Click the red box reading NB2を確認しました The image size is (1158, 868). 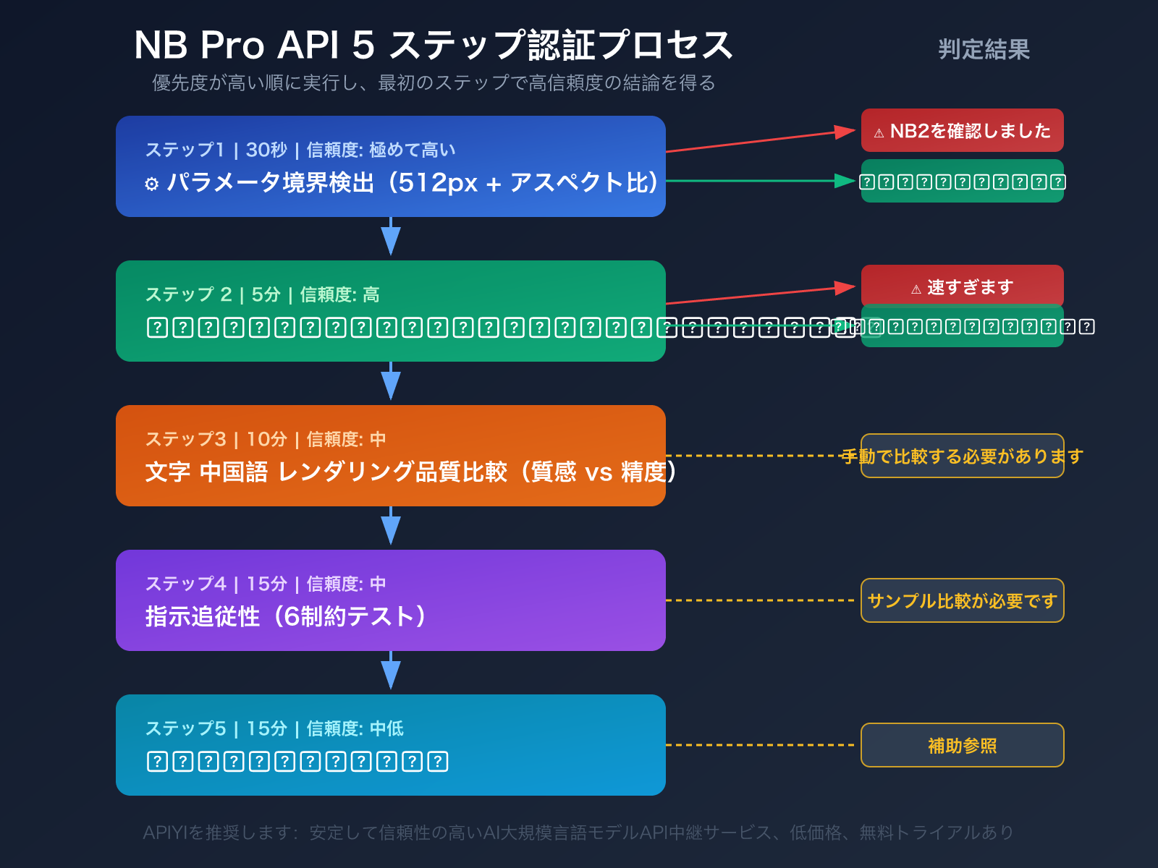tap(962, 131)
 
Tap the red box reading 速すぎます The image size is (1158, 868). tap(962, 286)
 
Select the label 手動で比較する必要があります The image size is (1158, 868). tap(962, 456)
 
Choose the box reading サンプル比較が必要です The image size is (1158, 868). tap(962, 600)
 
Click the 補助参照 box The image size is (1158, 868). tap(962, 745)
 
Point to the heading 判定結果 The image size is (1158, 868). tap(984, 49)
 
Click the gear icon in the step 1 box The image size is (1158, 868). tap(151, 184)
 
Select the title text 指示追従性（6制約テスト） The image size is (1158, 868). tap(285, 616)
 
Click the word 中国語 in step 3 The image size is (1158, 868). tap(234, 472)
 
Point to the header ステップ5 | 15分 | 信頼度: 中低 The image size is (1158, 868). tap(274, 728)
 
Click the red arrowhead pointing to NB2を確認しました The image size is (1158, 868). tap(845, 132)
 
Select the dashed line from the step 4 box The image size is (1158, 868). tap(760, 600)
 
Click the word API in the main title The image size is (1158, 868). tap(308, 45)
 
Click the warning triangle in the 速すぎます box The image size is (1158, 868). tap(916, 289)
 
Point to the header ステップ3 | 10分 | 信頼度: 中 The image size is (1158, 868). tap(265, 439)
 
